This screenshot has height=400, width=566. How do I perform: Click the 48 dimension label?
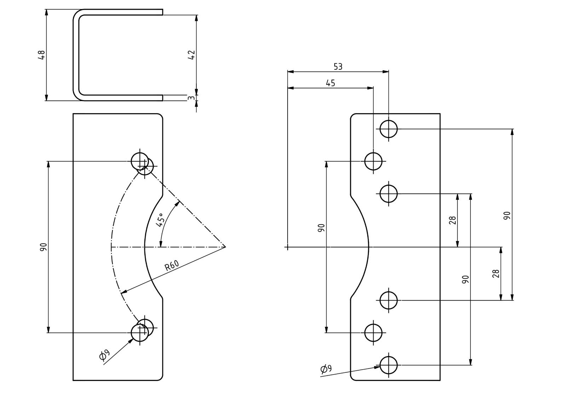(41, 55)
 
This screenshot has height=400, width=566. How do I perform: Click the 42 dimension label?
(191, 55)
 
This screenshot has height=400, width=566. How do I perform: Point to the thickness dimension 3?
(191, 98)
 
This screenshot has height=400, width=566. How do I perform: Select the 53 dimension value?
(338, 67)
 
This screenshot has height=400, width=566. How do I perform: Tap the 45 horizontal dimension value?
(330, 83)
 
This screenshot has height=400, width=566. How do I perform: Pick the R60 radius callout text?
(172, 265)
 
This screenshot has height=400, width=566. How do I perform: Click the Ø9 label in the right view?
(326, 369)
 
